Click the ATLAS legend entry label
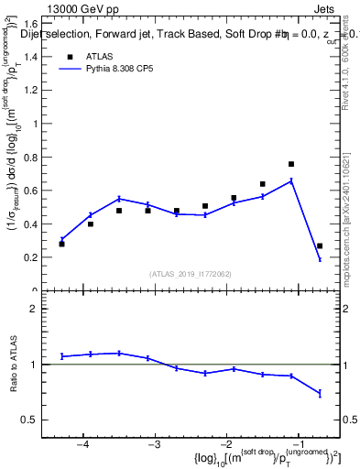point(101,56)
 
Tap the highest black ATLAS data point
point(291,164)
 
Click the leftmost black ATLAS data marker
point(61,244)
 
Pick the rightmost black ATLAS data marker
point(320,245)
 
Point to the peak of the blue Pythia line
point(291,180)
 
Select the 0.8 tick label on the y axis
point(34,157)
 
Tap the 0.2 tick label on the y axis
point(34,257)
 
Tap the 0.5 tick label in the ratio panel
point(36,420)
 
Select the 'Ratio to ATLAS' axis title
point(14,364)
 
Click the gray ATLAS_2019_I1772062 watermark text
point(191,274)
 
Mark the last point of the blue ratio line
point(320,394)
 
